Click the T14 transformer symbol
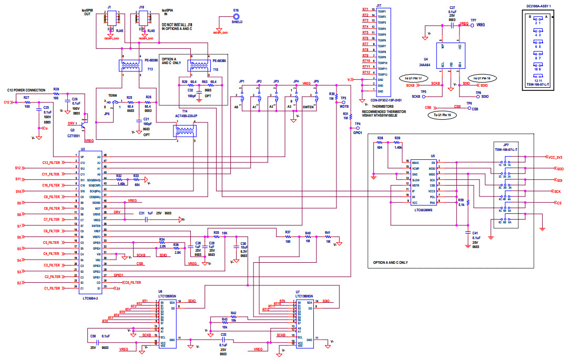185,130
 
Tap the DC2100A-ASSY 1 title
539,5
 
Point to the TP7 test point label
474,20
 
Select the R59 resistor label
461,200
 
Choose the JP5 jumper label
316,81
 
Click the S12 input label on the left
17,168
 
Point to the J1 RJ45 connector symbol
111,19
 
